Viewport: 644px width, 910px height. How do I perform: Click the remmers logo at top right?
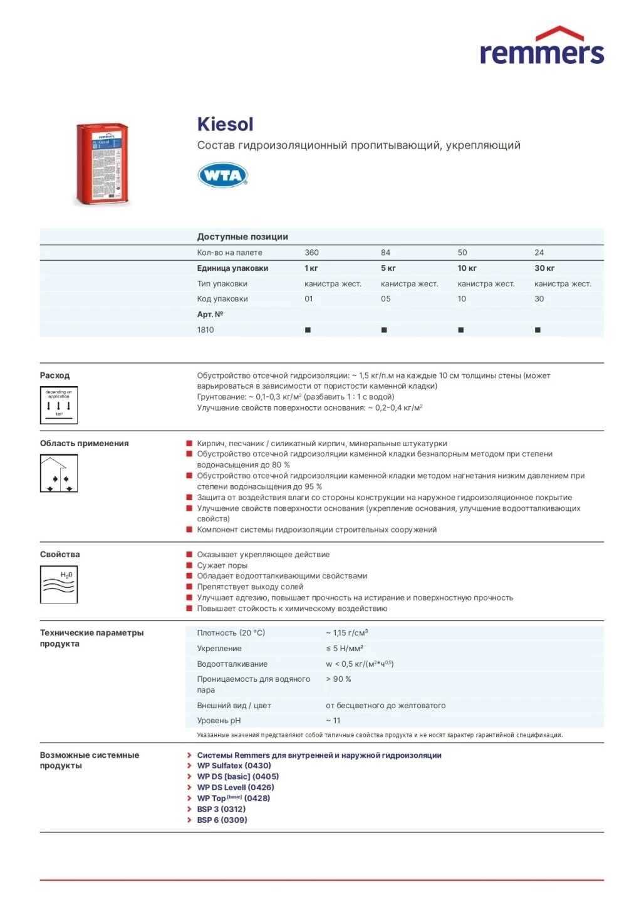(x=541, y=47)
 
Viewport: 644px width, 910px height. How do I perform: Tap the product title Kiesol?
(x=225, y=124)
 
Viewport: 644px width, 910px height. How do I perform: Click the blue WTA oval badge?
(x=223, y=175)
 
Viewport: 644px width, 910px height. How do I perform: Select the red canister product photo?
(x=102, y=164)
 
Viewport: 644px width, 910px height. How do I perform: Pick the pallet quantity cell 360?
(x=311, y=253)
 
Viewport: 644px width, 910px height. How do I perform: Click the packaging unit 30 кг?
(x=544, y=268)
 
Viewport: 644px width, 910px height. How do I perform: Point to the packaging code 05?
(x=385, y=299)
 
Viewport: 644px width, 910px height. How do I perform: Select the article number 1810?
(x=205, y=330)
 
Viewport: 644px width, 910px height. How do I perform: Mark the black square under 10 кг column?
(x=460, y=330)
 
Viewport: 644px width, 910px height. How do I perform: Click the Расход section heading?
(x=55, y=375)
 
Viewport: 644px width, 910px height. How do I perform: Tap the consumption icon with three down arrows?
(x=59, y=405)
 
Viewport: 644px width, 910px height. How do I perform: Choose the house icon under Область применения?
(x=59, y=473)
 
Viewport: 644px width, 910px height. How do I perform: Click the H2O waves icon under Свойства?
(x=59, y=584)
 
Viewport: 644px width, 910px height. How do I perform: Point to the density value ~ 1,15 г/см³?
(x=346, y=633)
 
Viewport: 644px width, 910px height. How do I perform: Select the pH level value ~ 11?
(x=333, y=721)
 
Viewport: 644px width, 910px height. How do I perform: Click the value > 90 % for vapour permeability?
(x=338, y=679)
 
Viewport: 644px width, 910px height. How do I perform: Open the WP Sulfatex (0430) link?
(x=234, y=766)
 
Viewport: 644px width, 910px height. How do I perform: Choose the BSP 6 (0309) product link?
(x=222, y=820)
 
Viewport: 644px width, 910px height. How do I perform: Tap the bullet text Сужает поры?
(x=222, y=565)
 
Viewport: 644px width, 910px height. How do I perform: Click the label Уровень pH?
(x=219, y=721)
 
